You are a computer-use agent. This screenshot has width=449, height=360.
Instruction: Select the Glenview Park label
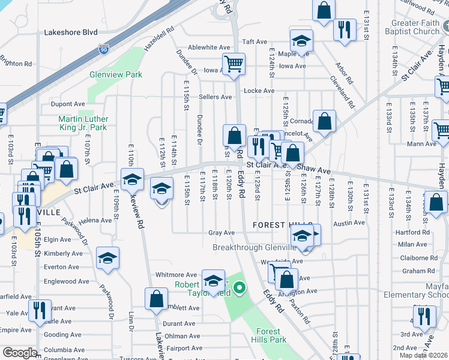click(x=116, y=74)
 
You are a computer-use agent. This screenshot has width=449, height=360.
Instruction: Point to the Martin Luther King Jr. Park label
click(x=82, y=123)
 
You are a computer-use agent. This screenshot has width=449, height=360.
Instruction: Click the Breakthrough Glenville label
click(x=255, y=247)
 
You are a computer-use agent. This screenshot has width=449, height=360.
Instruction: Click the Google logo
click(x=20, y=353)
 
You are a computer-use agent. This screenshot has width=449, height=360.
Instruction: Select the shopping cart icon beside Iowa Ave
click(x=233, y=63)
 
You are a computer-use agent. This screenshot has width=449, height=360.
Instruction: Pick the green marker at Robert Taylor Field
click(x=239, y=289)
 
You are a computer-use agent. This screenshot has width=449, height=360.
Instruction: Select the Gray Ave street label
click(x=221, y=233)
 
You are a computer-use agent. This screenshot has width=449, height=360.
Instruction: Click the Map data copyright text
click(x=424, y=355)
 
